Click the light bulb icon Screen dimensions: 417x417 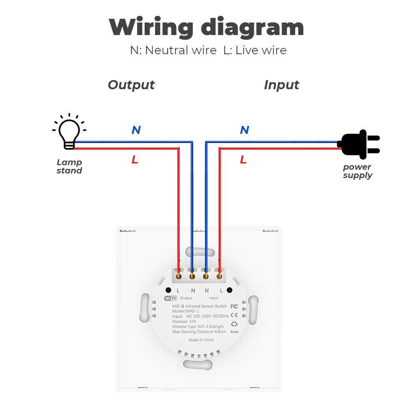[69, 132]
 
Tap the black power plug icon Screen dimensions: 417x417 [359, 144]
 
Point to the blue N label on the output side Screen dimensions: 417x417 [136, 130]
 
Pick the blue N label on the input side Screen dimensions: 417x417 [245, 130]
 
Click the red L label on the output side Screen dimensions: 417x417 [135, 160]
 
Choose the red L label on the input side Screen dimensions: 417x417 [244, 160]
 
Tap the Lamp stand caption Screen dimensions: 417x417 [69, 166]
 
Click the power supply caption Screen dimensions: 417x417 [357, 171]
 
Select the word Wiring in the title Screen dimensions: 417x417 [151, 28]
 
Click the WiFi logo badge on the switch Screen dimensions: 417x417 [171, 299]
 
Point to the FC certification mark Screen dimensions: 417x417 [234, 306]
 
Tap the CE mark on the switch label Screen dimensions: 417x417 [234, 315]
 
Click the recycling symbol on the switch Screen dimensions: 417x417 [234, 324]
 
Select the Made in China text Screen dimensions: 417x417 [201, 340]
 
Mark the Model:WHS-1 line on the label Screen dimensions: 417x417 [186, 311]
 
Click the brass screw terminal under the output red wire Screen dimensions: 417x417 [179, 276]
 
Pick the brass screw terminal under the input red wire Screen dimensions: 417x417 [219, 276]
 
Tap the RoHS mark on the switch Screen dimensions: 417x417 [234, 332]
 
